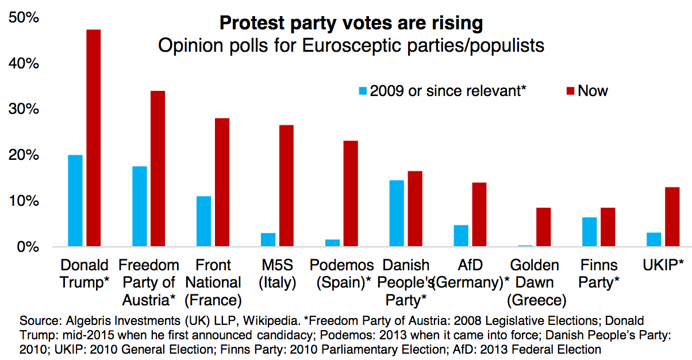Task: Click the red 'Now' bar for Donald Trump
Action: pyautogui.click(x=93, y=138)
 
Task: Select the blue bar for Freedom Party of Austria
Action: pyautogui.click(x=140, y=206)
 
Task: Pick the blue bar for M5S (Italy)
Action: pyautogui.click(x=268, y=240)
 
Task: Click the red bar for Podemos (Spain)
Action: pyautogui.click(x=351, y=194)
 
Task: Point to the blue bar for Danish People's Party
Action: pyautogui.click(x=397, y=213)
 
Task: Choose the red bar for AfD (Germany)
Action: pyautogui.click(x=479, y=215)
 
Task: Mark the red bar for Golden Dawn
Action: pyautogui.click(x=544, y=227)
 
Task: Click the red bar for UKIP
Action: pyautogui.click(x=672, y=217)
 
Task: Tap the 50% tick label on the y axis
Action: pyautogui.click(x=24, y=18)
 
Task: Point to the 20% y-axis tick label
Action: pyautogui.click(x=24, y=155)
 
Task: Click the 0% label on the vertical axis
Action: pyautogui.click(x=27, y=247)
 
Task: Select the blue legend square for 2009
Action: pyautogui.click(x=363, y=90)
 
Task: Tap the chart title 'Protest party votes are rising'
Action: pyautogui.click(x=351, y=24)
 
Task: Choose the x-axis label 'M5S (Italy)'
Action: pyautogui.click(x=276, y=274)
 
